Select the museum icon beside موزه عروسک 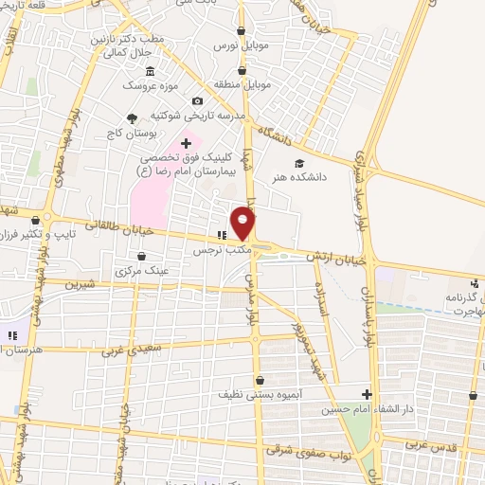tap(150, 70)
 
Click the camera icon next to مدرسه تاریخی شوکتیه tap(197, 101)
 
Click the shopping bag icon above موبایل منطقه tap(242, 69)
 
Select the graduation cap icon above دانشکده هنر tap(299, 161)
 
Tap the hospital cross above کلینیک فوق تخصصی tap(186, 143)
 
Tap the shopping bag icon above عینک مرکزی tap(142, 256)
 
